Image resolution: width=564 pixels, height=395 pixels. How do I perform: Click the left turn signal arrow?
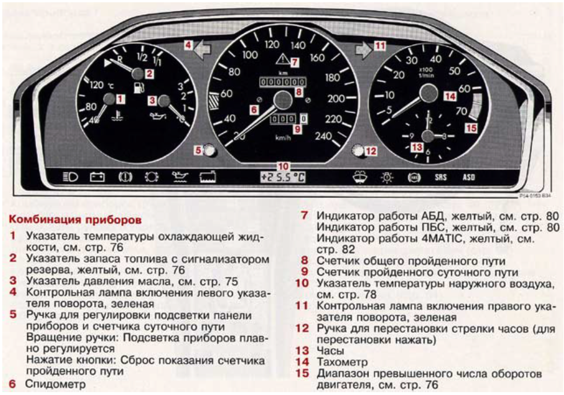point(202,50)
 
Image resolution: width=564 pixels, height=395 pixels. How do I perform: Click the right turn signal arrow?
point(364,50)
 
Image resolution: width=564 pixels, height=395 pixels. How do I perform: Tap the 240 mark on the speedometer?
point(323,136)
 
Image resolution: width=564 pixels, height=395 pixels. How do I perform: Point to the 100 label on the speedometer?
point(249,55)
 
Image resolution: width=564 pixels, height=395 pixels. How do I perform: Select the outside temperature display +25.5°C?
point(283,177)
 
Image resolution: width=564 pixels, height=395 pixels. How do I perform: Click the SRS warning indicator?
point(440,177)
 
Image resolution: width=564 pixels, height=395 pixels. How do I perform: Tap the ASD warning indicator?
point(468,177)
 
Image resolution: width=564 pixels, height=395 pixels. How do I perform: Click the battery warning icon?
point(97,177)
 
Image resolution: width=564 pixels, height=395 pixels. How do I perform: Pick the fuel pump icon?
point(139,87)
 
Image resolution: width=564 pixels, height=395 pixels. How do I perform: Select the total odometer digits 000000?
point(283,82)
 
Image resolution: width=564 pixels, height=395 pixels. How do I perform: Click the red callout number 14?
point(450,97)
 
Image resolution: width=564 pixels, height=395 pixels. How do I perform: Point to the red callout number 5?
point(198,150)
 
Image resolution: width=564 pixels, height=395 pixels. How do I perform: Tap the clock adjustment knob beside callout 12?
point(358,150)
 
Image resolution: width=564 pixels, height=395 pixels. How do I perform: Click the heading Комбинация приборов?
point(75,220)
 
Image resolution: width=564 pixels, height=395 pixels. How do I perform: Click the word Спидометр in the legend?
point(55,384)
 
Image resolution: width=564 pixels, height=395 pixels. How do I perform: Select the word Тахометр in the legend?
point(342,362)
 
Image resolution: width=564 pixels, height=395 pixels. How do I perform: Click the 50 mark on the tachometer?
point(454,71)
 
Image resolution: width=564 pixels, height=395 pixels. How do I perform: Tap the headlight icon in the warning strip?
point(70,177)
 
